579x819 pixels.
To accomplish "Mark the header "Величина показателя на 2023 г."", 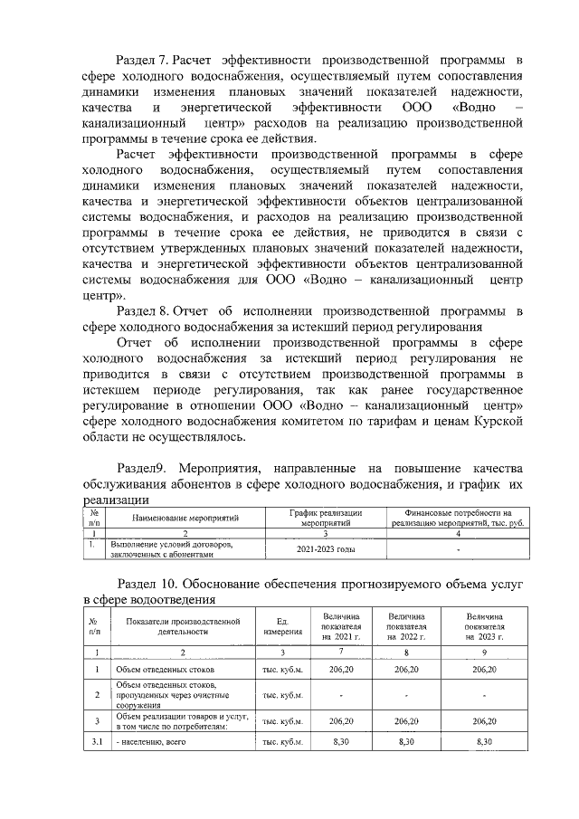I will point(486,625).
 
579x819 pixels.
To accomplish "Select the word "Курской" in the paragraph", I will point(497,421).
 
